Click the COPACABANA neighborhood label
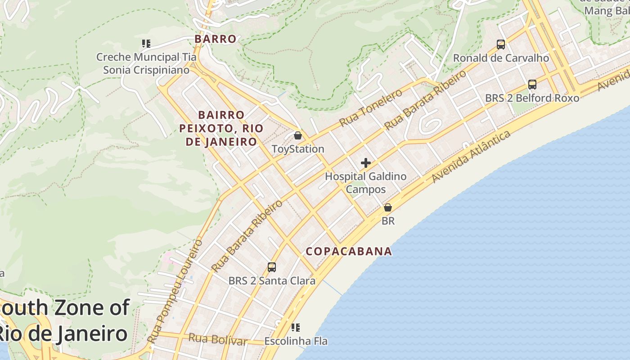(349, 251)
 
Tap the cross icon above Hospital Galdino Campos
(366, 163)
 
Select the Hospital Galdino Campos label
(366, 183)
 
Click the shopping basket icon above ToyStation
(297, 135)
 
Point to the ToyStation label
(298, 149)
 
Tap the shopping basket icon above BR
(388, 207)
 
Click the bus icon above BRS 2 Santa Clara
(272, 267)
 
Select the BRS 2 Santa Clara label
(272, 281)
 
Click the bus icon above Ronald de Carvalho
(501, 44)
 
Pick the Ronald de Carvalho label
(501, 58)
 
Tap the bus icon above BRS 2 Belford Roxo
(532, 84)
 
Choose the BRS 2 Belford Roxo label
(532, 98)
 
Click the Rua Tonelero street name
(371, 108)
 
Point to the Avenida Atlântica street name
(471, 157)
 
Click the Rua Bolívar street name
(218, 339)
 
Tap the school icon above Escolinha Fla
(296, 327)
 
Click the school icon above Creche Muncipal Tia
(146, 44)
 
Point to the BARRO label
(216, 39)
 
